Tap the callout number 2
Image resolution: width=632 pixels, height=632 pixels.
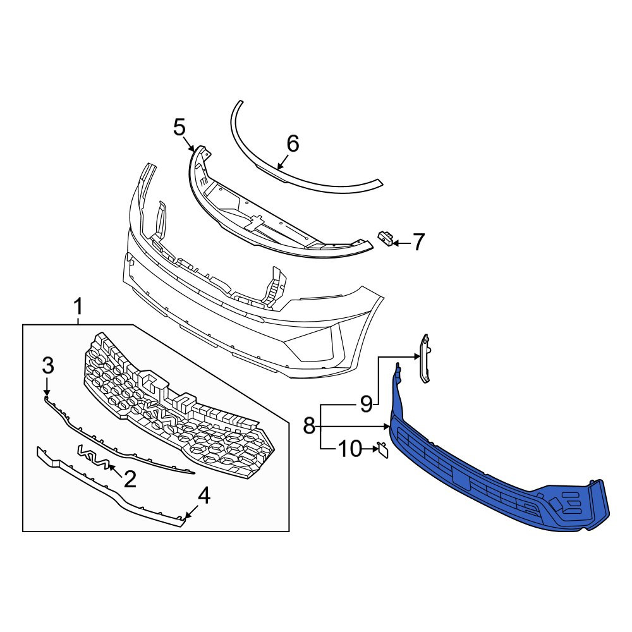click(x=130, y=479)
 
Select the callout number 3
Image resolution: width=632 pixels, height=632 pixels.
click(x=48, y=366)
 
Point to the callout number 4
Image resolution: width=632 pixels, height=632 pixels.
click(x=204, y=495)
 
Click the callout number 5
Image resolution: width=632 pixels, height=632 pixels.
click(x=179, y=128)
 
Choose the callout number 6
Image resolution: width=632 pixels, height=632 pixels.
click(x=293, y=144)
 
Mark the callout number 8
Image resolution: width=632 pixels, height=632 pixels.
click(x=309, y=425)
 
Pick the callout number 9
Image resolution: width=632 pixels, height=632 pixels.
click(x=366, y=403)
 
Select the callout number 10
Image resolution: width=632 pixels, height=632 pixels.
click(x=350, y=449)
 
